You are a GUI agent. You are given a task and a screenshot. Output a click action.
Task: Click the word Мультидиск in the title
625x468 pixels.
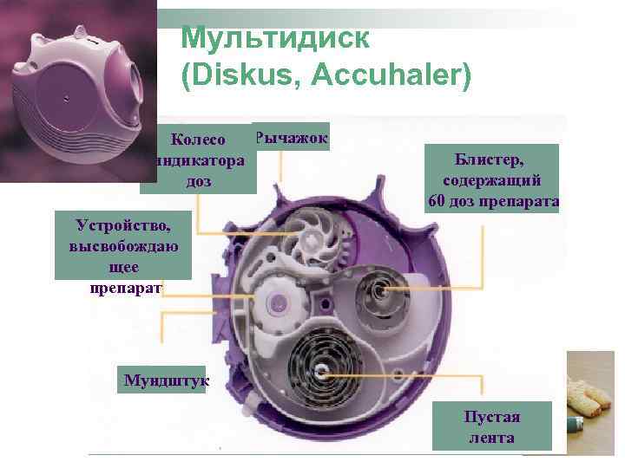276,38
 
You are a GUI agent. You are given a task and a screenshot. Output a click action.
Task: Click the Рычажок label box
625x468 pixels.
291,136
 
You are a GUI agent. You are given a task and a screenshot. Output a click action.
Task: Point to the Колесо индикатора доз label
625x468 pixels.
199,160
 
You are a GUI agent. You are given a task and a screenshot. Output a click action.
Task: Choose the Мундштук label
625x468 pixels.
161,380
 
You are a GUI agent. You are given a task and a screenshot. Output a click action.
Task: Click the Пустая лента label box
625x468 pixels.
491,426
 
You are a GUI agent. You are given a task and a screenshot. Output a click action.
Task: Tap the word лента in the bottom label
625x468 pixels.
491,438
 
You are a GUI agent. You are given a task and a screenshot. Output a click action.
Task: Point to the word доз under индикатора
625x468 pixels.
199,182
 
